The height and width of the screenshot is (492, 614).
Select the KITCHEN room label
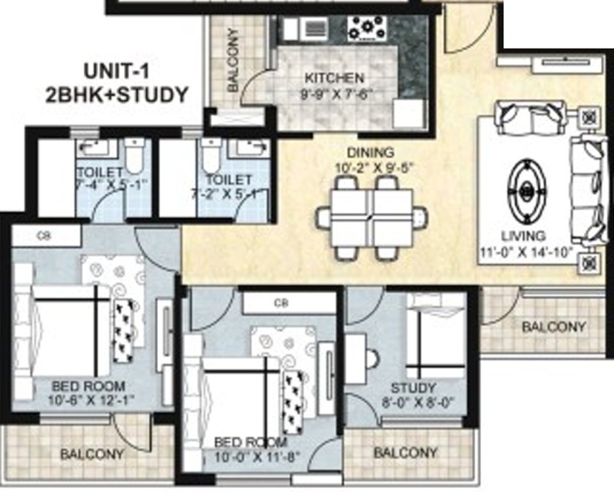tap(334, 78)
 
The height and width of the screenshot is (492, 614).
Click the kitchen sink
tap(313, 29)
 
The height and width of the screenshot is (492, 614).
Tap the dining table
tap(372, 218)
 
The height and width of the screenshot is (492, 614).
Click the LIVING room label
tap(523, 236)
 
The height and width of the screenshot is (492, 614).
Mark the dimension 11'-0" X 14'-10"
tap(526, 251)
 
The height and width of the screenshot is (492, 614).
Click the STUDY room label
tap(414, 388)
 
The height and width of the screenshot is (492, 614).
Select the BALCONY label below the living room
tap(553, 327)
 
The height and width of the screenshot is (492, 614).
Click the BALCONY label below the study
tap(405, 453)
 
